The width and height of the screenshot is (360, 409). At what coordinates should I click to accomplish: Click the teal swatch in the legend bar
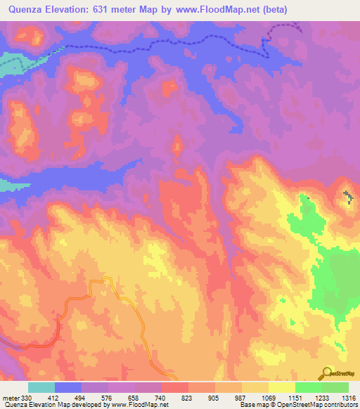point(41,387)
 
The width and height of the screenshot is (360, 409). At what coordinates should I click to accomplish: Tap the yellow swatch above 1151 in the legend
point(282,387)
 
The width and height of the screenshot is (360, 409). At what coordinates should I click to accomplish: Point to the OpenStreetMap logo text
point(343,374)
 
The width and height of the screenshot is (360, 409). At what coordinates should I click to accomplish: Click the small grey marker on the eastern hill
point(347,195)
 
